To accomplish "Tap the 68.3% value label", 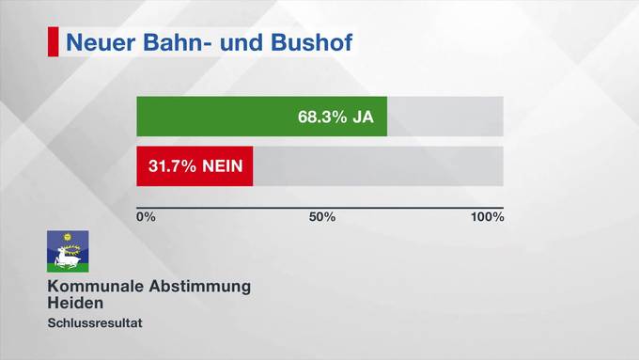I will [319, 117].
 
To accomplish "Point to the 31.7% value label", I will [172, 166].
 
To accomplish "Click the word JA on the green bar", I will [363, 117].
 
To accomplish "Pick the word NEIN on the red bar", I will [224, 166].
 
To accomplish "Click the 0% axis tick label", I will [146, 217].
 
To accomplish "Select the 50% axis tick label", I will [322, 217].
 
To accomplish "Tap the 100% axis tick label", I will [488, 217].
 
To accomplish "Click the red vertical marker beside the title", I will [53, 42].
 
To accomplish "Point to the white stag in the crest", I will [67, 255].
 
